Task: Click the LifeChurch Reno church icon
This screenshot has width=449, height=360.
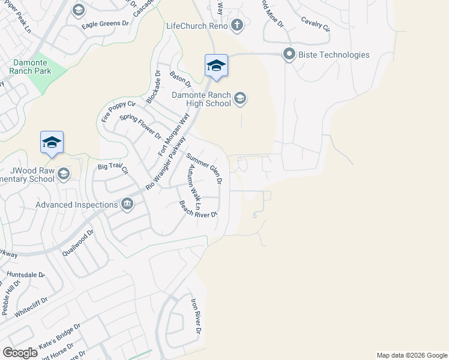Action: [237, 25]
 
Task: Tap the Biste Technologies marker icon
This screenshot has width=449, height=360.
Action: [289, 55]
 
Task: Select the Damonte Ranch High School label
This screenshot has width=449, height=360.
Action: [201, 99]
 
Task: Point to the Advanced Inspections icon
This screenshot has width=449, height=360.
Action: [127, 205]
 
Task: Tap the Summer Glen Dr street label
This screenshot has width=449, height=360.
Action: [205, 169]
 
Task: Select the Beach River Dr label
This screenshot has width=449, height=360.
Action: [197, 209]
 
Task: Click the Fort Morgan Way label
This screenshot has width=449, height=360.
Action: [169, 136]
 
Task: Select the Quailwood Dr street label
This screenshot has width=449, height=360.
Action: [78, 243]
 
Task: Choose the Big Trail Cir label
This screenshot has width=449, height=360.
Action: [113, 169]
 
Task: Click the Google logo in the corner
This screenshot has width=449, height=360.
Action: [19, 353]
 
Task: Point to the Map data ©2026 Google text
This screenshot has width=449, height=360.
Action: [411, 355]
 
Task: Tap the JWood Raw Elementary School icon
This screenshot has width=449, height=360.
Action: [62, 174]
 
